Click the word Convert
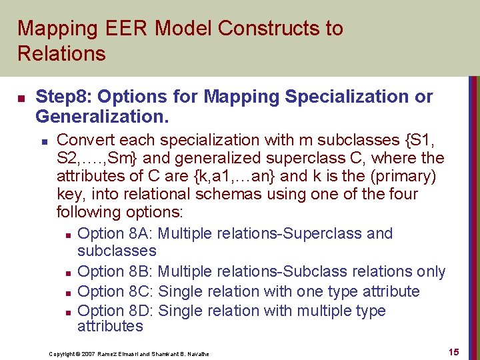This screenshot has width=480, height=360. (83, 141)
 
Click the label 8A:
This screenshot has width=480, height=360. (139, 234)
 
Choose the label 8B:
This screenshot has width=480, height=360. (139, 272)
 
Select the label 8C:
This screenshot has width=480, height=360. (139, 292)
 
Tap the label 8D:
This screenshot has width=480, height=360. (139, 311)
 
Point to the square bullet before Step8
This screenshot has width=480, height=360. (21, 99)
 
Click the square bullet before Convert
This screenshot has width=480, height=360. (43, 141)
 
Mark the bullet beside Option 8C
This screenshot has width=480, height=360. (69, 293)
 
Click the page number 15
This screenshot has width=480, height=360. (453, 352)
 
